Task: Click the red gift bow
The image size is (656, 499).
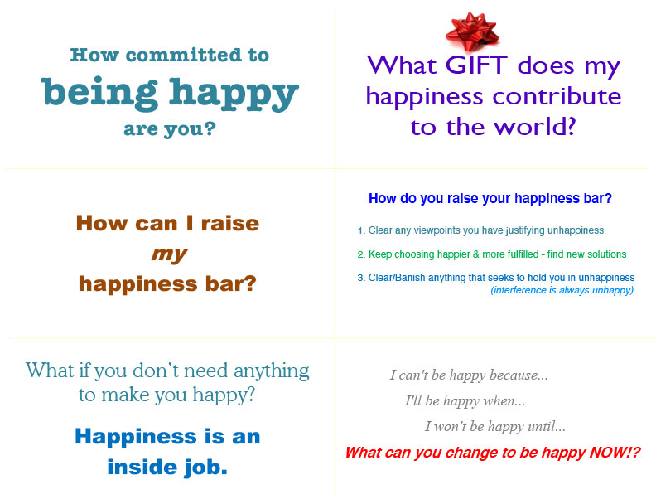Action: tap(472, 31)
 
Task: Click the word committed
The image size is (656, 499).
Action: tap(184, 55)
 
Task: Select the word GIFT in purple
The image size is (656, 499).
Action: tap(476, 65)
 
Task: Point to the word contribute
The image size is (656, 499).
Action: tap(557, 97)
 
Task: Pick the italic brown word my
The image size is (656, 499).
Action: tap(169, 254)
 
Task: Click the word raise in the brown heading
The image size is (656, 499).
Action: tap(230, 223)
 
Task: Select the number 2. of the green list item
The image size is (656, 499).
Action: tap(361, 254)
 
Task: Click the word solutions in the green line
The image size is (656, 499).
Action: tap(606, 254)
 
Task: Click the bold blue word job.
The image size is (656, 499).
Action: tap(206, 468)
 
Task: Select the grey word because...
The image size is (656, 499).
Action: tap(519, 375)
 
